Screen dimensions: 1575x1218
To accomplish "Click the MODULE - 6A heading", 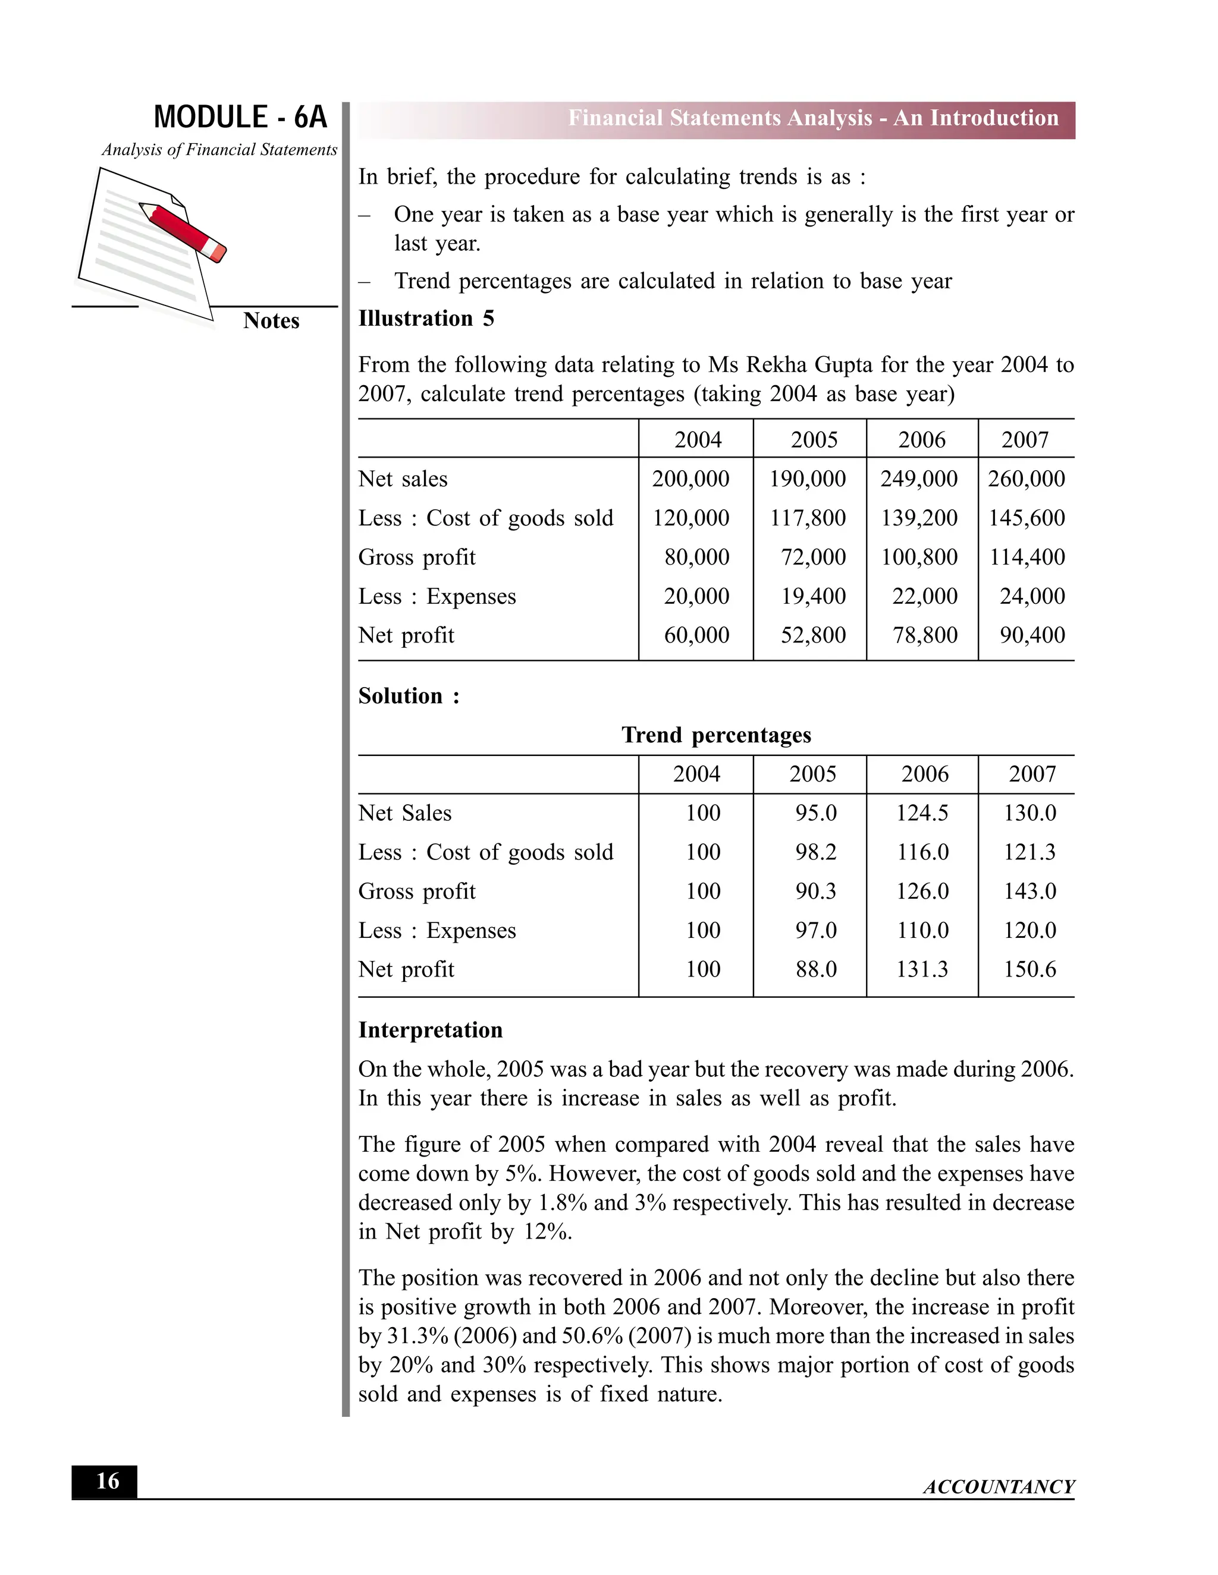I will [x=240, y=117].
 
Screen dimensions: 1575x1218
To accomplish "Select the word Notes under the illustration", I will [x=271, y=321].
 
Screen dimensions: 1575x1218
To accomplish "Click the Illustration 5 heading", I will [x=426, y=318].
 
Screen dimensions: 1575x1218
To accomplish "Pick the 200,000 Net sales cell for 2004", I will [x=690, y=479].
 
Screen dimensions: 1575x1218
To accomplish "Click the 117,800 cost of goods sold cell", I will [x=808, y=518].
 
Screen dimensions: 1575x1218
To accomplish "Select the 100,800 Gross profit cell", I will [x=919, y=557].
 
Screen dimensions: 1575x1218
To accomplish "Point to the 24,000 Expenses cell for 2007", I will [x=1032, y=596].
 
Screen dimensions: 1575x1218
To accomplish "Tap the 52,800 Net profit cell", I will [x=813, y=635].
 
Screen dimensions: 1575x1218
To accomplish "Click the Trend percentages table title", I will [x=716, y=735].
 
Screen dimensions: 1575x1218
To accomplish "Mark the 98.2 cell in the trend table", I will [x=815, y=852].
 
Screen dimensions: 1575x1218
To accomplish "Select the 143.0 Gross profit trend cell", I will [x=1029, y=891].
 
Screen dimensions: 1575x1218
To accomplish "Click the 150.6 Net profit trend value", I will [x=1029, y=969].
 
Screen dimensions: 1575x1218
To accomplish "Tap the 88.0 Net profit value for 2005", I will [x=815, y=969].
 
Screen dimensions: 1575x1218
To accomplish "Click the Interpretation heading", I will [x=430, y=1030].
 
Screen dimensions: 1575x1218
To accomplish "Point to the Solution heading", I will [x=409, y=696].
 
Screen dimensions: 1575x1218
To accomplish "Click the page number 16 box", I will [x=105, y=1481].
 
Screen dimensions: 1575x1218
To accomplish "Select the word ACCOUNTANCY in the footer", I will [x=999, y=1487].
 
